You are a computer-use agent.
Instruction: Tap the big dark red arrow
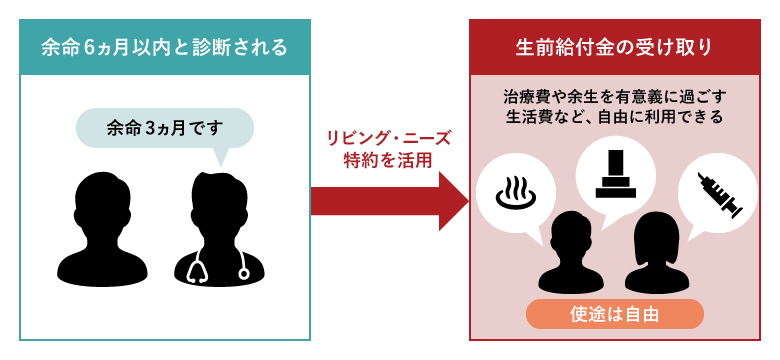tap(389, 200)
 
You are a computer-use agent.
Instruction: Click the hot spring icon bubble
tap(515, 193)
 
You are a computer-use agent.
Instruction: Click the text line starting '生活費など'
tap(614, 117)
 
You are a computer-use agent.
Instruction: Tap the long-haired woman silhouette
tap(655, 250)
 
